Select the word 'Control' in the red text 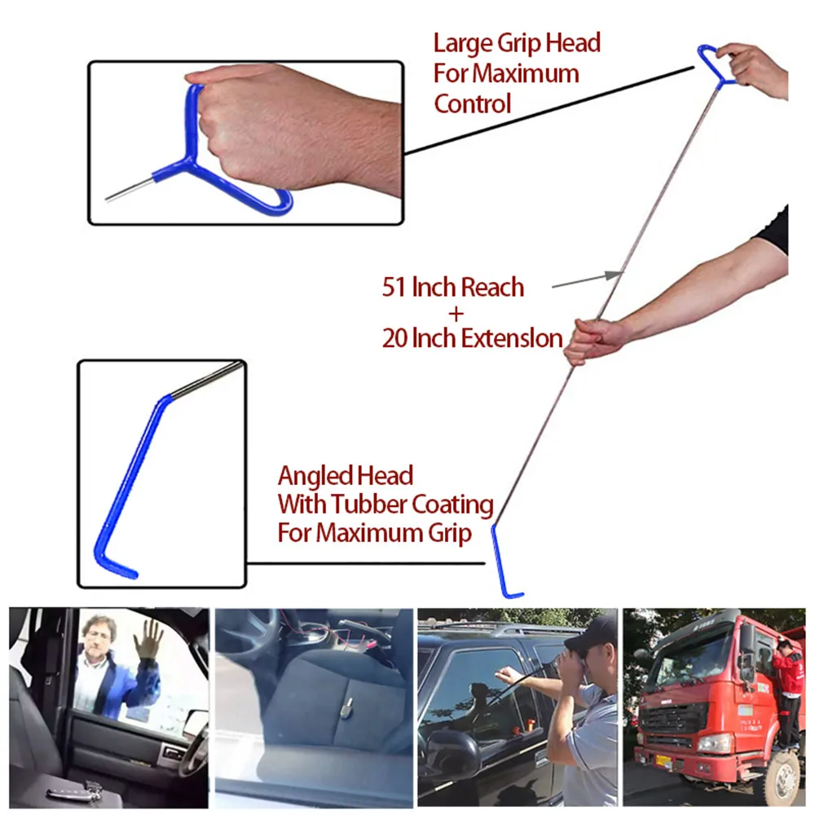coord(473,104)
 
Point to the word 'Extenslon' coord(513,337)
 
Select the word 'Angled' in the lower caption coord(315,476)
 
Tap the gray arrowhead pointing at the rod coord(615,275)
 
